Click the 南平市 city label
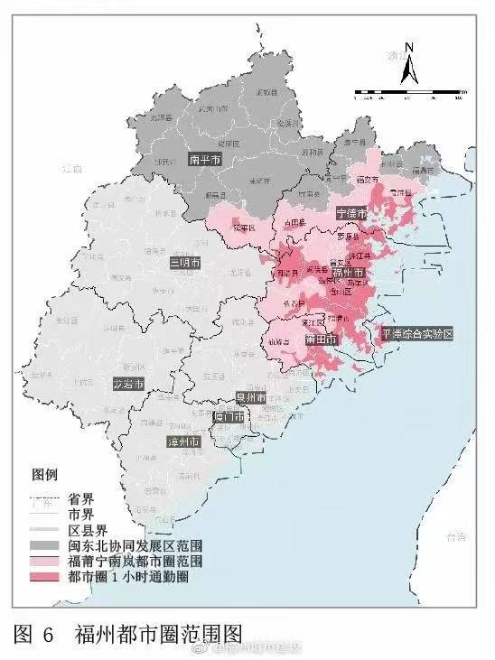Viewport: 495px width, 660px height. [205, 160]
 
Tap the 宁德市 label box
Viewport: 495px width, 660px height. [351, 214]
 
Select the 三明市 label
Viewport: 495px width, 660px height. [187, 263]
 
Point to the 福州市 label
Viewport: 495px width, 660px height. [349, 273]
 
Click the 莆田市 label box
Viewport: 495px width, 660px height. [322, 340]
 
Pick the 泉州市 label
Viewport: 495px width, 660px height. [249, 397]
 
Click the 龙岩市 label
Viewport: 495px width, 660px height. [128, 384]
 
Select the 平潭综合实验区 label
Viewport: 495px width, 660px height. [416, 333]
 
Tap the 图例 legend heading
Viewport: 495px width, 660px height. [45, 474]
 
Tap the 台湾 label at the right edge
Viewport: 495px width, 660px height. [456, 538]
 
